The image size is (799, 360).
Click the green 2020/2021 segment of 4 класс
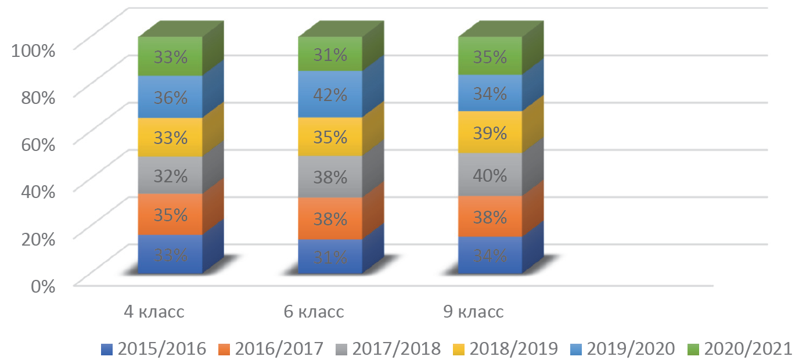pos(170,57)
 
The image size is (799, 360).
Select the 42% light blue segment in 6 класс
pos(330,94)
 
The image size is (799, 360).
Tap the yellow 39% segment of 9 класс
pos(491,132)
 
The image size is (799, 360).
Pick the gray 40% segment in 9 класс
pos(491,175)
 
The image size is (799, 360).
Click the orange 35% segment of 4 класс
pos(170,215)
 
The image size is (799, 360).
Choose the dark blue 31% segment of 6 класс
pos(330,256)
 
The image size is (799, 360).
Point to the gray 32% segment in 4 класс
pos(170,175)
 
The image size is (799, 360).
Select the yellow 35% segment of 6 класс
pos(330,137)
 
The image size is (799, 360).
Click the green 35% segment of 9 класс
pos(491,57)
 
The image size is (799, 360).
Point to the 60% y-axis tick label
pos(37,144)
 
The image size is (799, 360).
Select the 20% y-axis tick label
pos(37,238)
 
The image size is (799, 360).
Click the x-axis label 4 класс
pos(154,312)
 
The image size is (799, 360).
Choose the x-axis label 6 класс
pos(314,312)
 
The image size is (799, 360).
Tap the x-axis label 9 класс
pos(473,312)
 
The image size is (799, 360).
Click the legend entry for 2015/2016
pos(153,349)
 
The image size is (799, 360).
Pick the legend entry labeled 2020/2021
pos(739,349)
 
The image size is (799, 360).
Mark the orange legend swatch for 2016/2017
pos(223,350)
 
